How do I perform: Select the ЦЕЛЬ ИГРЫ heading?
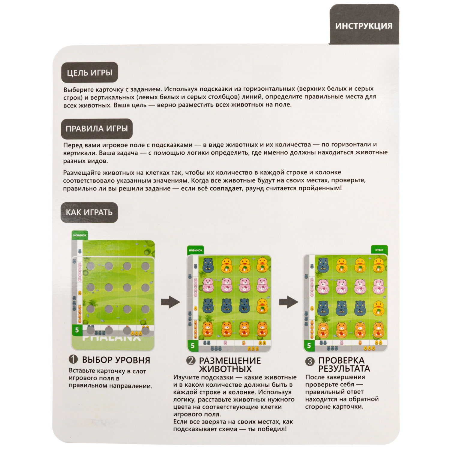(89, 72)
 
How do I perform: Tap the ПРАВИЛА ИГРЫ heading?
(97, 128)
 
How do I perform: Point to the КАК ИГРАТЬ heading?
(89, 212)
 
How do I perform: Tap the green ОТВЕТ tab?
(379, 250)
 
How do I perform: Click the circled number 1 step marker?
(73, 359)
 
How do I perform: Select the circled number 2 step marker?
(191, 361)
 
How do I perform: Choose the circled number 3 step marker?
(310, 361)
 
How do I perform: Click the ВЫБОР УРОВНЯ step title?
(116, 360)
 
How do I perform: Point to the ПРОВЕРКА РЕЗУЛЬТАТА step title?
(344, 364)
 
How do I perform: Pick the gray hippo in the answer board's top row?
(323, 265)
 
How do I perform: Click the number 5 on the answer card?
(309, 345)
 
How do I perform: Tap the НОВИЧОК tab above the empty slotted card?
(80, 235)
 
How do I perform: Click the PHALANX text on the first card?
(112, 337)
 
